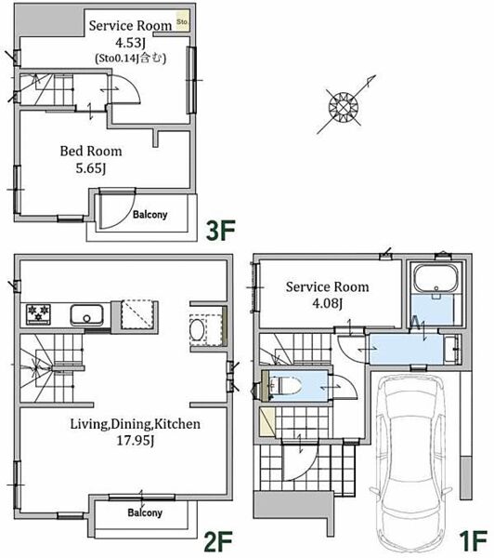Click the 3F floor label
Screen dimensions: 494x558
click(221, 231)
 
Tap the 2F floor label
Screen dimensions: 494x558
click(218, 540)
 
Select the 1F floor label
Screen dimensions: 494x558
click(473, 540)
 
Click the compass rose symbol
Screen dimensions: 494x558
click(344, 106)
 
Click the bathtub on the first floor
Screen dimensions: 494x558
click(435, 278)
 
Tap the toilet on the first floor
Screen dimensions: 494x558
click(284, 386)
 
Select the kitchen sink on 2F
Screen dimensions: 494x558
click(87, 315)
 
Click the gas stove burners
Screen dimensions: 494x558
click(38, 314)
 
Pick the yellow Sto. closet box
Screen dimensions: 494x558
click(182, 22)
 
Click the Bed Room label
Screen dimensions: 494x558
click(91, 152)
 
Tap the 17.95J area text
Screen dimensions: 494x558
click(136, 441)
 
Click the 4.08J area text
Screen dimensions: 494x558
click(327, 303)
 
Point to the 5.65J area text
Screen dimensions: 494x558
click(91, 167)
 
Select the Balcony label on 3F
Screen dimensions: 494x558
click(150, 214)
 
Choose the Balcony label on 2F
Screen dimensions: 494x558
click(145, 512)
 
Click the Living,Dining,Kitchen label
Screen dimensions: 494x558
click(135, 424)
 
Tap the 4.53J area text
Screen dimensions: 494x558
click(130, 43)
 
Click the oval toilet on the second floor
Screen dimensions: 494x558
click(197, 330)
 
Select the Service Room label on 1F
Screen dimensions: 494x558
click(327, 286)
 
